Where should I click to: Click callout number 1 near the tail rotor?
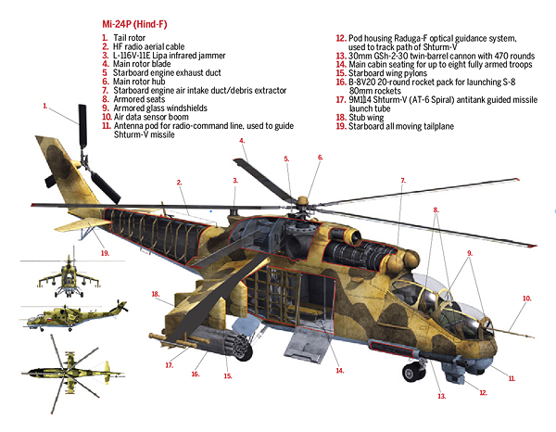click(x=45, y=108)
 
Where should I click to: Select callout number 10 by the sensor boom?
click(x=526, y=299)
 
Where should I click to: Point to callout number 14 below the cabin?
click(x=339, y=371)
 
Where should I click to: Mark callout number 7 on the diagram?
click(x=402, y=180)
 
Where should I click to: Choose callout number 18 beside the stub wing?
click(x=156, y=294)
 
